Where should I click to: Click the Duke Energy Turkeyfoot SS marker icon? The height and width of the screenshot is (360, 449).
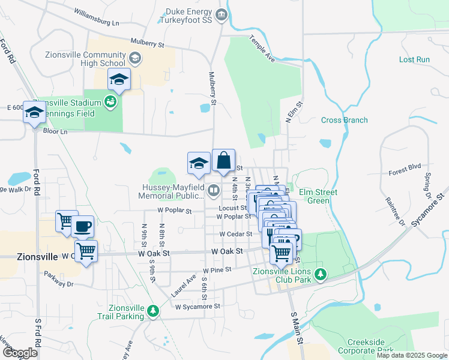click(x=221, y=15)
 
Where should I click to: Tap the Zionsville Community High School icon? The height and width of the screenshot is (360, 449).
click(x=135, y=59)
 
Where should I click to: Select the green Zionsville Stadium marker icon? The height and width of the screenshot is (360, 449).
click(x=110, y=101)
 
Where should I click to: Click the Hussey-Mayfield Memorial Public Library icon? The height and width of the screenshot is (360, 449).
click(x=214, y=191)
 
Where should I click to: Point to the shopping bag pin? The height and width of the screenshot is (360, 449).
click(x=223, y=160)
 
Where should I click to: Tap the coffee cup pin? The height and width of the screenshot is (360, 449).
click(x=83, y=227)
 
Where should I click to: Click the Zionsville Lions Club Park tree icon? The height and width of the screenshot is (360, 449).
click(x=321, y=275)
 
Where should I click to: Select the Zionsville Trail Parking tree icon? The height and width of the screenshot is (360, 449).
click(x=153, y=311)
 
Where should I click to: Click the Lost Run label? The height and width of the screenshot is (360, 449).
click(x=414, y=59)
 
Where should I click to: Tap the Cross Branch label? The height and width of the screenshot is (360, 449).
click(x=344, y=120)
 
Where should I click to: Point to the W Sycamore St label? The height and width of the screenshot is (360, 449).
click(x=197, y=306)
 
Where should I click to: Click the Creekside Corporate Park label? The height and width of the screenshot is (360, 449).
click(x=361, y=346)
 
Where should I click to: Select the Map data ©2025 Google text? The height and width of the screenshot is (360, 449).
click(x=412, y=355)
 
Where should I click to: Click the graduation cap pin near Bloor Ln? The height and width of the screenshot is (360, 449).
click(x=35, y=112)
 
